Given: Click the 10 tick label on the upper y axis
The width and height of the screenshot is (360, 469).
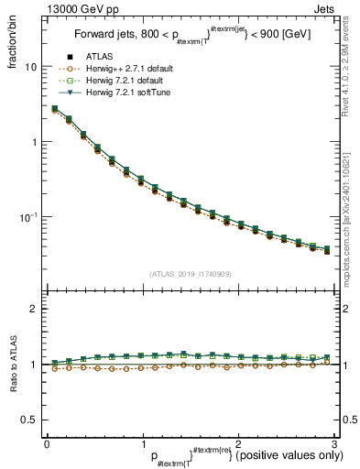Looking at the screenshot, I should pos(30,68).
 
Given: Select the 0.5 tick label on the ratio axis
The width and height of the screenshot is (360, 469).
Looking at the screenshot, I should pos(28,420).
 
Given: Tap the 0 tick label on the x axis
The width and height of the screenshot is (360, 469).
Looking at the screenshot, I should pos(47,443).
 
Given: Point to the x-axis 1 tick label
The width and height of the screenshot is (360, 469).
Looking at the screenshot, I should pos(142,443).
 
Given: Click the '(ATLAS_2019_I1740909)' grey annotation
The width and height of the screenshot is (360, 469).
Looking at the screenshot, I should pos(190,274).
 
